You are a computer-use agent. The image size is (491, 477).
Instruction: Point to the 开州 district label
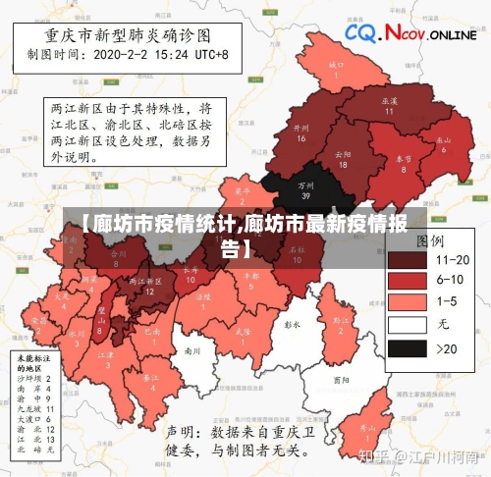[301, 132]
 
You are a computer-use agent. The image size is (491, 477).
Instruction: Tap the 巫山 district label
[444, 143]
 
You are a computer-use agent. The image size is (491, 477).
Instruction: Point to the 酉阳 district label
[340, 379]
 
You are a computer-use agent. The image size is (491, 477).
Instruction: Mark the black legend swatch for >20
[407, 348]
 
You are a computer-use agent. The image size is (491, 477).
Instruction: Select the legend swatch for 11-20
[407, 260]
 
